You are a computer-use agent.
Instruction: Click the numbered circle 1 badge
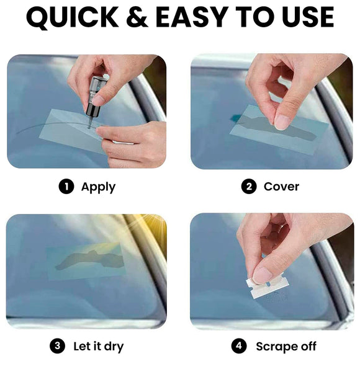click(x=66, y=186)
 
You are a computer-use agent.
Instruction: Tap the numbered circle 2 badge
click(x=249, y=186)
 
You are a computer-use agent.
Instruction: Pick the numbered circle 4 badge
click(x=240, y=346)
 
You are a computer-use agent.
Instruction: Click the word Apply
click(x=98, y=187)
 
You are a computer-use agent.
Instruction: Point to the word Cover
click(x=281, y=186)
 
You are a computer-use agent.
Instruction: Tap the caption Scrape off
click(x=286, y=346)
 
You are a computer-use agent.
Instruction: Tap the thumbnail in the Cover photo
click(x=282, y=122)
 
